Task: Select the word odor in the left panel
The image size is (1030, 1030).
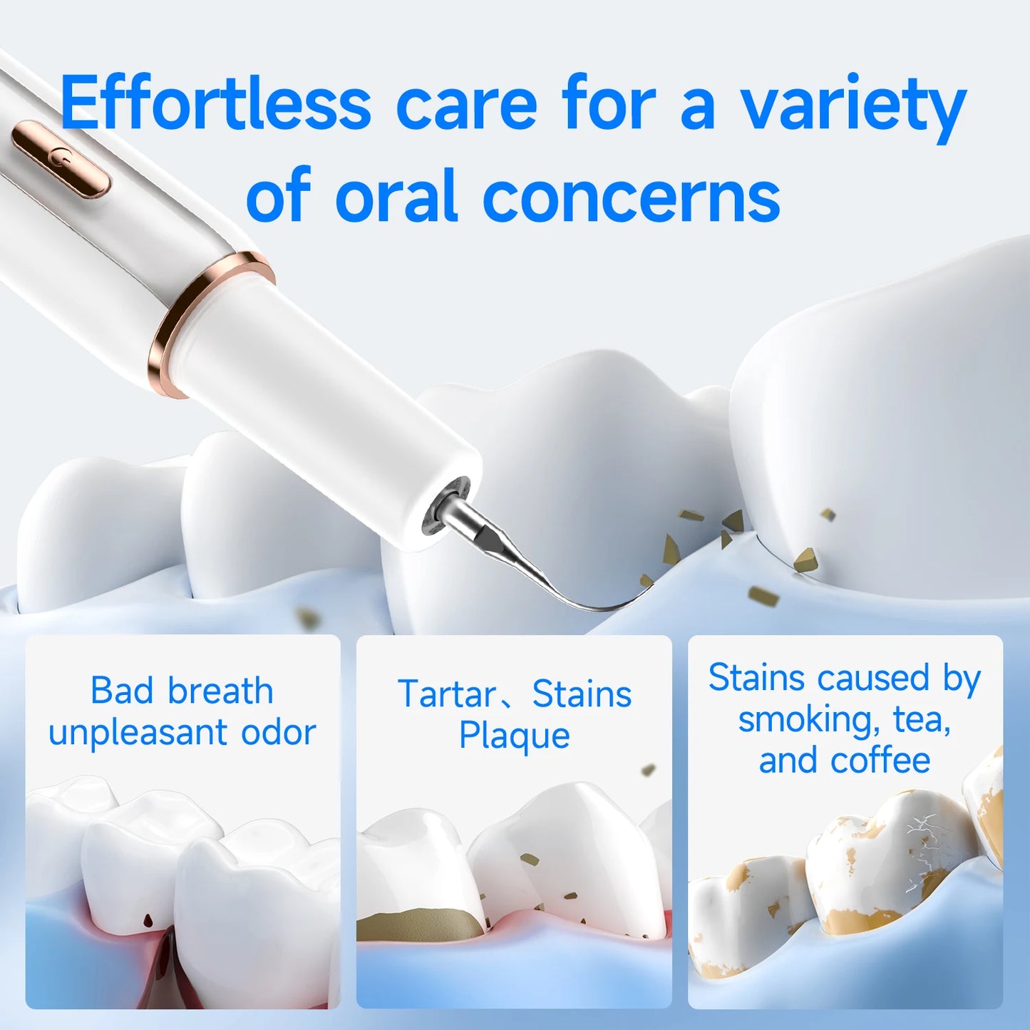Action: (x=278, y=733)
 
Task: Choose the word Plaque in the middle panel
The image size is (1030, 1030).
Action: (x=514, y=736)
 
